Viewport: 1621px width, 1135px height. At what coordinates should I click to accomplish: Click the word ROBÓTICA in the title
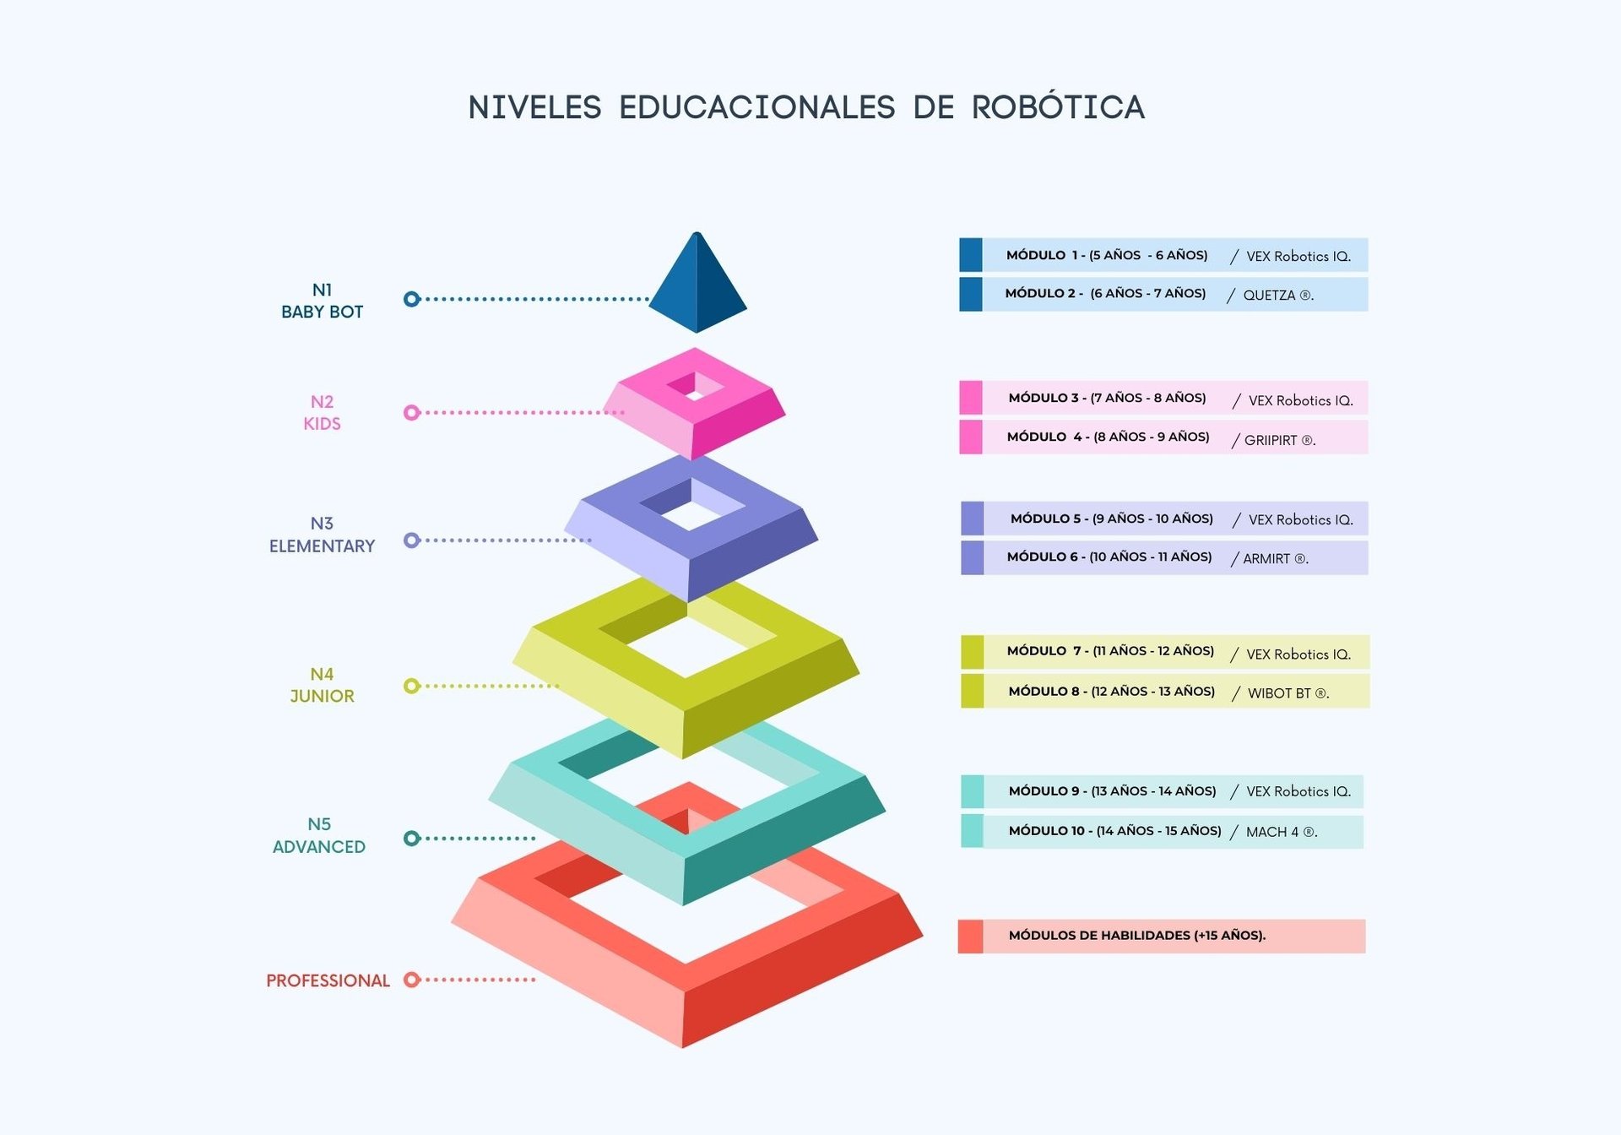point(1058,106)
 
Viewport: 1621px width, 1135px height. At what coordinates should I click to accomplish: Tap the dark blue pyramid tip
point(697,282)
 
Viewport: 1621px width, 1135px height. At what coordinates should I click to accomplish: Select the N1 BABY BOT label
point(322,301)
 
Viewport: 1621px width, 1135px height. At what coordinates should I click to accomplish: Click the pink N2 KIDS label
point(322,412)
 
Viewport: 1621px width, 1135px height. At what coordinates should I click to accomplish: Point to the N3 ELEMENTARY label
point(322,535)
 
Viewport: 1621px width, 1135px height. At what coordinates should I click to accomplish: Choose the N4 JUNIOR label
point(322,685)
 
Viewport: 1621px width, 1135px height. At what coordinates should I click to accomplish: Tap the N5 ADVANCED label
point(319,835)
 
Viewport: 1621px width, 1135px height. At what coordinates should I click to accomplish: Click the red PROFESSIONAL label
point(328,980)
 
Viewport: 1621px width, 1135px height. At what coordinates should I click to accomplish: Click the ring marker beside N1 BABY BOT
point(412,299)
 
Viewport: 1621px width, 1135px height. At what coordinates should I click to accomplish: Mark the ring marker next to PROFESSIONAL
point(412,980)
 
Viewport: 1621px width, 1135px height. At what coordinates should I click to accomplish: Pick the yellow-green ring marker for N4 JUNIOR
point(412,686)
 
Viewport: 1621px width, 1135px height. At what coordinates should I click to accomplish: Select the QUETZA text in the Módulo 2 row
point(1269,295)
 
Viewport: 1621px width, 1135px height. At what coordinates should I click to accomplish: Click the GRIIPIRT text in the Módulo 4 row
point(1271,440)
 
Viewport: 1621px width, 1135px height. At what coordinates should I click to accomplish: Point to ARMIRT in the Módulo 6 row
point(1266,558)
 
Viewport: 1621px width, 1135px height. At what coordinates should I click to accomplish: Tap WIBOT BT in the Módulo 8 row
point(1279,693)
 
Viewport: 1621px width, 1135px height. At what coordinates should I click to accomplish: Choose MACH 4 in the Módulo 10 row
point(1272,832)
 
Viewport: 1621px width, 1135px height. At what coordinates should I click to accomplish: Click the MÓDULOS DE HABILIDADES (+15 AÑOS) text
point(1137,936)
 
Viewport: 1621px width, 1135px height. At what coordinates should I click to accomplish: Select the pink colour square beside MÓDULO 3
point(971,398)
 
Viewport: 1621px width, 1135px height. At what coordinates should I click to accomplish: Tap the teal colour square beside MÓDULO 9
point(972,791)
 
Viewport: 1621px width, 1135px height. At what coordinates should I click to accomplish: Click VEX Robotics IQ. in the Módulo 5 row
point(1301,519)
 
